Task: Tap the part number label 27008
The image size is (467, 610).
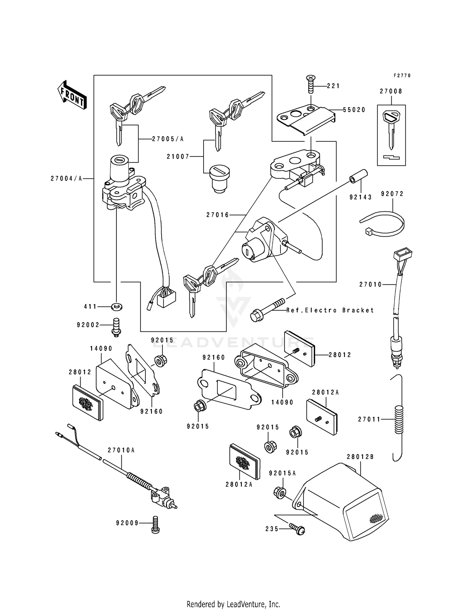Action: pyautogui.click(x=391, y=91)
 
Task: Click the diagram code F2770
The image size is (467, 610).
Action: pyautogui.click(x=402, y=76)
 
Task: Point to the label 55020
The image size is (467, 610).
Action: pyautogui.click(x=354, y=110)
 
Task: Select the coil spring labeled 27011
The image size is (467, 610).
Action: pyautogui.click(x=399, y=419)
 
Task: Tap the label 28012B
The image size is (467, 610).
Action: pyautogui.click(x=360, y=457)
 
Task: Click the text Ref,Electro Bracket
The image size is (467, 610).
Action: pyautogui.click(x=330, y=310)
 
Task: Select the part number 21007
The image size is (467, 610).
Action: pyautogui.click(x=178, y=157)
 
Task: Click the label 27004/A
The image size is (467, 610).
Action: pyautogui.click(x=66, y=178)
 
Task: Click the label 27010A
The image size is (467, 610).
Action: pyautogui.click(x=121, y=450)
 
